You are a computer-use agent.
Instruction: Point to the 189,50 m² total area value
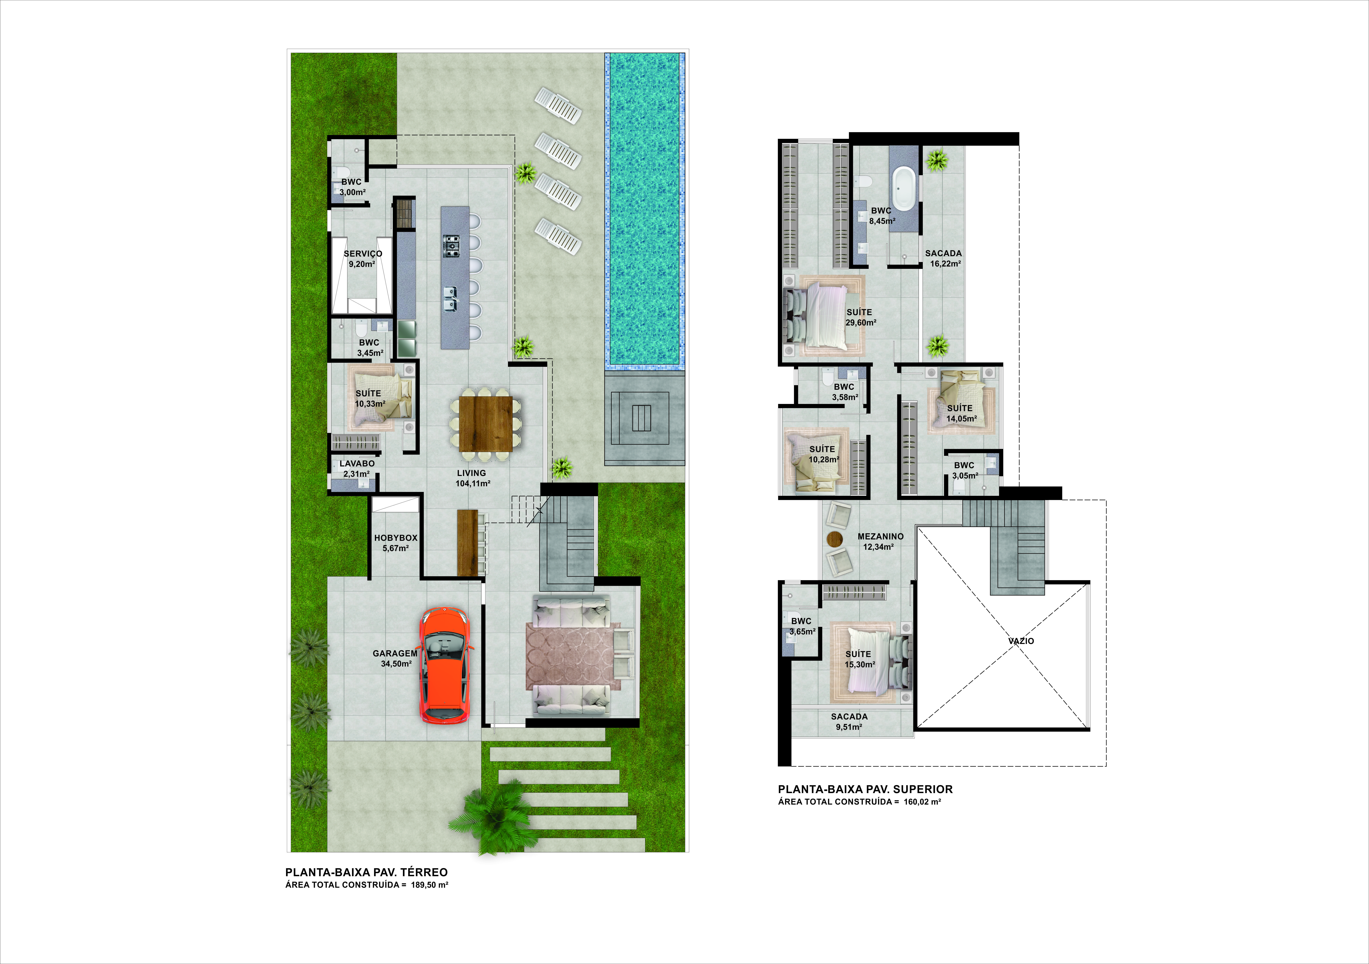(x=429, y=885)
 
